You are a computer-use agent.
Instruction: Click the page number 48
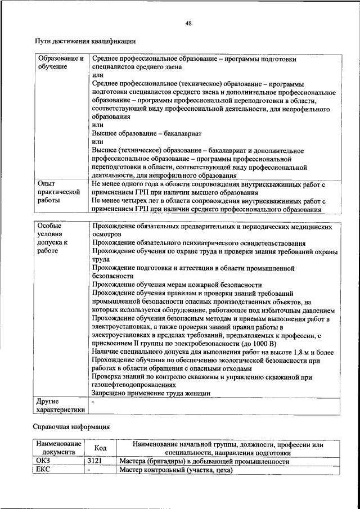188,23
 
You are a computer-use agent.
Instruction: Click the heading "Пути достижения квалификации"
85,41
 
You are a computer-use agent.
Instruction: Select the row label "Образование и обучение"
60,62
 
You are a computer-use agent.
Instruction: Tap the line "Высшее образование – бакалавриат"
146,134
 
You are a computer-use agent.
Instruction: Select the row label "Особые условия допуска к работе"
53,238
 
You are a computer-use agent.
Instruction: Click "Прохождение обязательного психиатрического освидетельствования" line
199,243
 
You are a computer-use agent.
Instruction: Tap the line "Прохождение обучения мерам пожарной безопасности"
177,285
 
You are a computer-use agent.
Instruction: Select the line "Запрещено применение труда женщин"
151,393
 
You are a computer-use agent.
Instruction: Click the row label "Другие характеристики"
60,406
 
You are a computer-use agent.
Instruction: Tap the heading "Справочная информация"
71,426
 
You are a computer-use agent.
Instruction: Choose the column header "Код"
100,448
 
